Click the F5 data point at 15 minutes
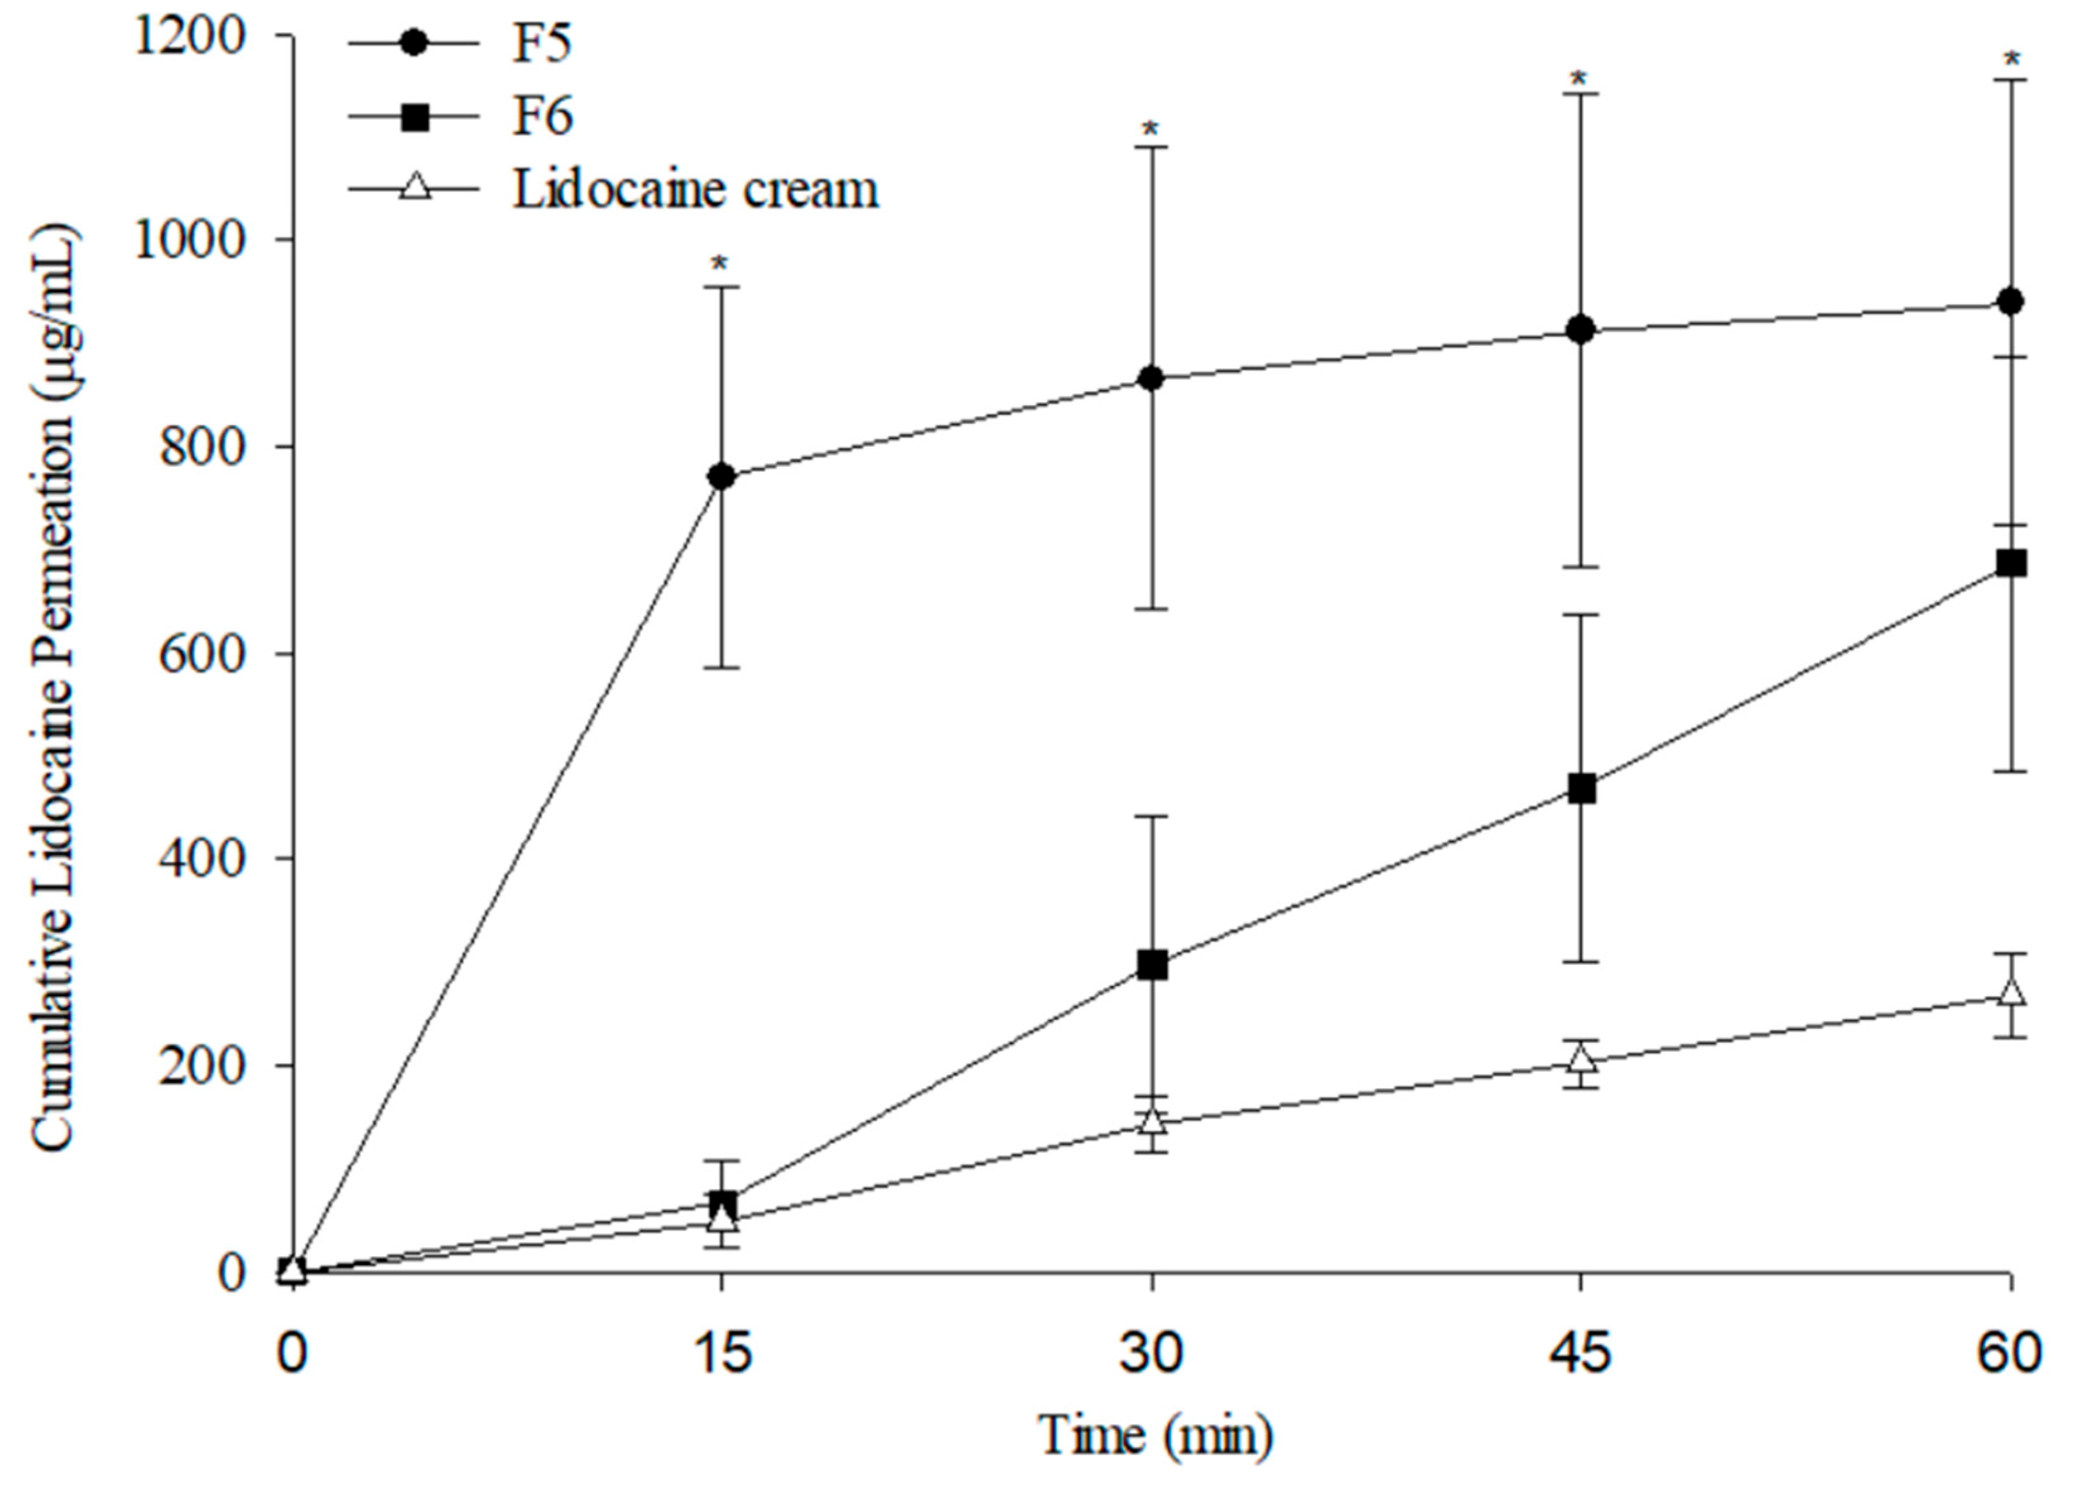tap(721, 476)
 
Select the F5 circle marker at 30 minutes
tap(1152, 379)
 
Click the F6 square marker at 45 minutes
tap(1582, 789)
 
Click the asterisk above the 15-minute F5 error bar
tap(720, 264)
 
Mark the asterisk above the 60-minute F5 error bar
tap(2011, 59)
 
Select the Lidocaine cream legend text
tap(695, 189)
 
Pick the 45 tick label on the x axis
tap(1581, 1353)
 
